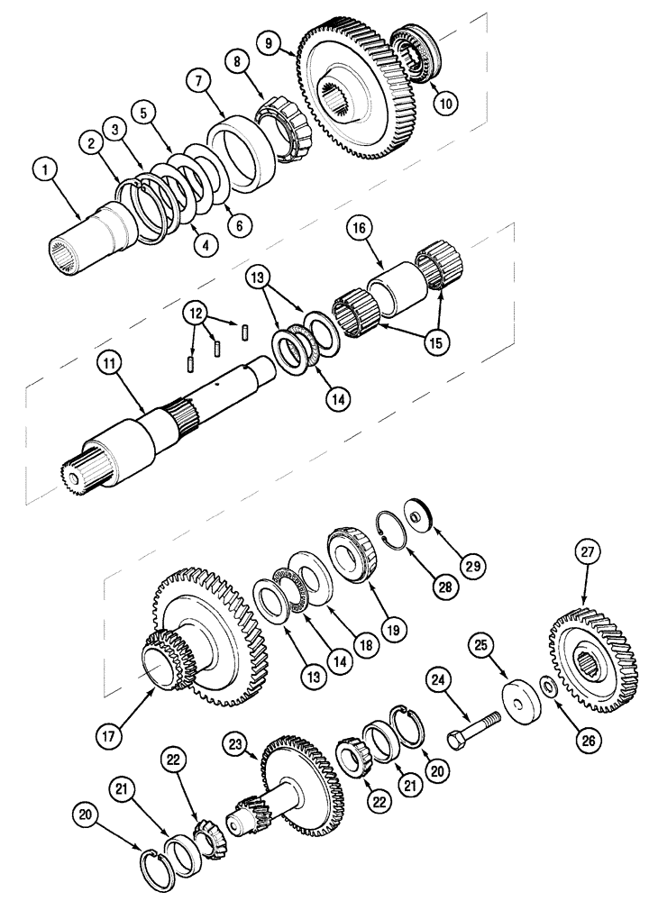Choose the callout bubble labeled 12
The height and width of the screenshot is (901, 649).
click(x=194, y=313)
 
